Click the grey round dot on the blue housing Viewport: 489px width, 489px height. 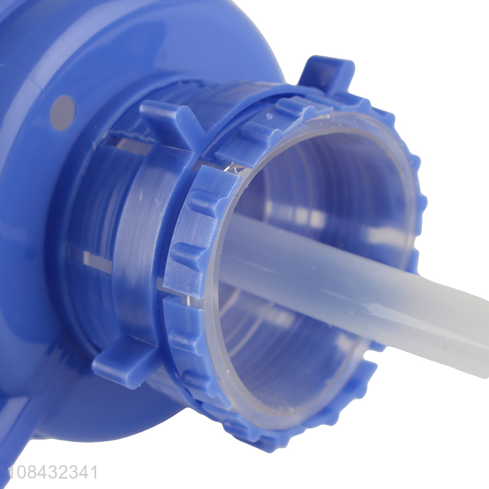(x=62, y=113)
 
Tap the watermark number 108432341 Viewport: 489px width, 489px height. (x=53, y=472)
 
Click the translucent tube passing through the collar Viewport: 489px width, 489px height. (x=353, y=290)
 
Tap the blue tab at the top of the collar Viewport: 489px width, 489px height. (x=328, y=75)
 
